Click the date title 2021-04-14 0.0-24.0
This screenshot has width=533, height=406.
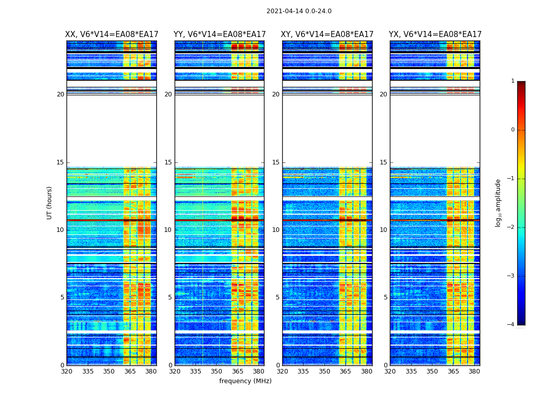pyautogui.click(x=299, y=11)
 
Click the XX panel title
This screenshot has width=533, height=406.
pyautogui.click(x=112, y=35)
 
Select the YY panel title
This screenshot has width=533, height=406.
pyautogui.click(x=219, y=35)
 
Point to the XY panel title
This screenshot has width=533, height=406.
pyautogui.click(x=327, y=35)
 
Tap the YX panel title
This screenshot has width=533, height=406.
pyautogui.click(x=435, y=35)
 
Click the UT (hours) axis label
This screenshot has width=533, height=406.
pyautogui.click(x=50, y=202)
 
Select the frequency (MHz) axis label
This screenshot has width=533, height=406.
pyautogui.click(x=245, y=381)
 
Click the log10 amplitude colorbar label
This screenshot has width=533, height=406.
pyautogui.click(x=498, y=202)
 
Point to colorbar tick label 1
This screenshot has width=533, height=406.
pyautogui.click(x=513, y=81)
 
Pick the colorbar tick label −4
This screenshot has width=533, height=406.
pyautogui.click(x=511, y=325)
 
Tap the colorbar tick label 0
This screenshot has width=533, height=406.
pyautogui.click(x=513, y=130)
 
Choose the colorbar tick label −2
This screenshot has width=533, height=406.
pyautogui.click(x=511, y=227)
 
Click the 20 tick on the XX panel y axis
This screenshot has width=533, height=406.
pyautogui.click(x=60, y=94)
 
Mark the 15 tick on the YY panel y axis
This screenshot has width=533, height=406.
pyautogui.click(x=168, y=162)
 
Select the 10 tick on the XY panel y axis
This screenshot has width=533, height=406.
pyautogui.click(x=276, y=230)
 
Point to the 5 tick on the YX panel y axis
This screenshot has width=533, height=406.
pyautogui.click(x=386, y=297)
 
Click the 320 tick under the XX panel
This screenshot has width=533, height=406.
pyautogui.click(x=66, y=371)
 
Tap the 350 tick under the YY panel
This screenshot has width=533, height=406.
pyautogui.click(x=217, y=371)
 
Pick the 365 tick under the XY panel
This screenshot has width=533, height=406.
pyautogui.click(x=346, y=371)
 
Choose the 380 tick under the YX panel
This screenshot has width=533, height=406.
pyautogui.click(x=474, y=371)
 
